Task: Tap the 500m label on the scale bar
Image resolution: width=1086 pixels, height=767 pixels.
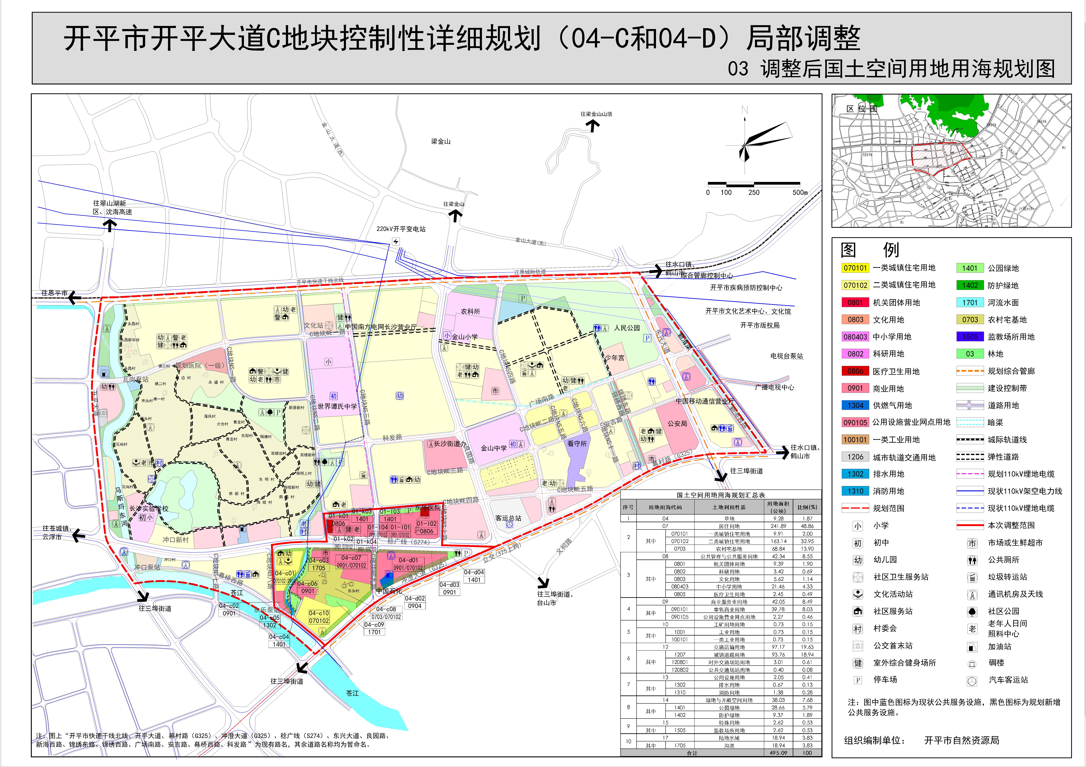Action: click(x=800, y=192)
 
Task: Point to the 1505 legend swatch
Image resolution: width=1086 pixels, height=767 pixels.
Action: click(x=970, y=337)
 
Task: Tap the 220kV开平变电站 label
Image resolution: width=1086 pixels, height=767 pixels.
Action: click(x=401, y=229)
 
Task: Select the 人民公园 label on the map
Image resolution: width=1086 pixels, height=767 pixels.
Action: click(x=627, y=328)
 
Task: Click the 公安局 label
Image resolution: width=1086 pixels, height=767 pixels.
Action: click(x=677, y=424)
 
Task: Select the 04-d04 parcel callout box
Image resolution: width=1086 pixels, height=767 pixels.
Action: click(x=474, y=576)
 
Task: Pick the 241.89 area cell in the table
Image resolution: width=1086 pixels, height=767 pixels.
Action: click(x=778, y=526)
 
